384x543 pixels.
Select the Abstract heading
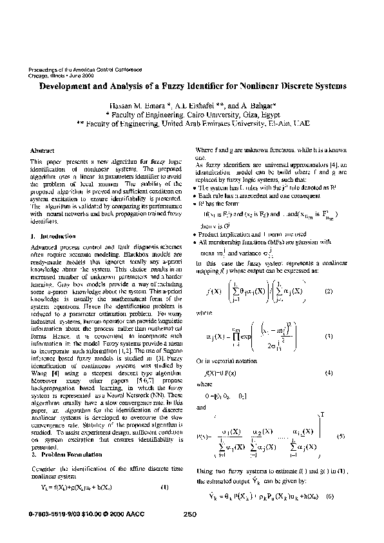click(x=43, y=148)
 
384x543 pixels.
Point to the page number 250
click(x=189, y=514)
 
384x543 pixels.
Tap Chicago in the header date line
click(x=40, y=74)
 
